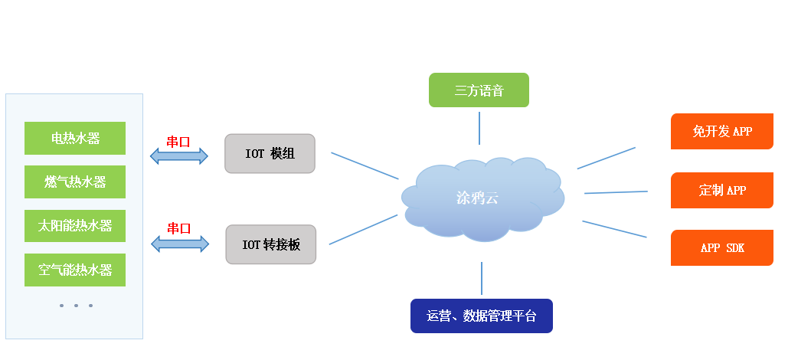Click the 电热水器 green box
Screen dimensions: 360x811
(x=75, y=139)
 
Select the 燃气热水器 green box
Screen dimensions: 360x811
(x=75, y=182)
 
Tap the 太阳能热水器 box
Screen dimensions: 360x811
(x=75, y=226)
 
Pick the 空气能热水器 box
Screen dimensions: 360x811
(x=75, y=270)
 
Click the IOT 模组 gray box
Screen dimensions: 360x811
(x=270, y=154)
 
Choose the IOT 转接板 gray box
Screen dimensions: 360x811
(x=270, y=244)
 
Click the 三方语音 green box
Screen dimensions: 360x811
(x=479, y=90)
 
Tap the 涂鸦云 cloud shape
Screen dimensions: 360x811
(x=479, y=198)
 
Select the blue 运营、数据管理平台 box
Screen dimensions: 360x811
(x=481, y=316)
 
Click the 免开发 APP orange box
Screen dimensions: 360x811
(x=721, y=132)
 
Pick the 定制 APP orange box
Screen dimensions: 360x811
(x=721, y=190)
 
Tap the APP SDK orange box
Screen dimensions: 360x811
(x=721, y=248)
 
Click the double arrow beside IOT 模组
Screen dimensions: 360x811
(x=179, y=156)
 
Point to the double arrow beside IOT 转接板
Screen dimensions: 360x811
(x=179, y=244)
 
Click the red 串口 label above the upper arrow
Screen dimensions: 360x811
(x=178, y=141)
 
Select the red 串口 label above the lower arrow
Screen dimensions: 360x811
(x=178, y=228)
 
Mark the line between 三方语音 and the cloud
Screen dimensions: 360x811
(x=479, y=128)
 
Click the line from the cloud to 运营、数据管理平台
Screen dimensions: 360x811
(x=482, y=278)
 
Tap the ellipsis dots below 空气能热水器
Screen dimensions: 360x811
(x=76, y=306)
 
